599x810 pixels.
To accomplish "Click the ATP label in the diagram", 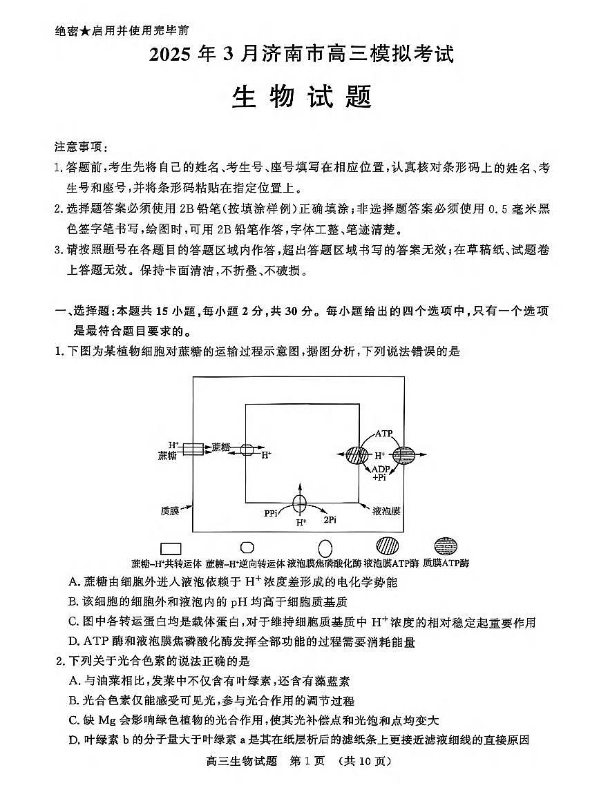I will coord(384,434).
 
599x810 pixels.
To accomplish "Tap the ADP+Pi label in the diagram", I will coord(381,473).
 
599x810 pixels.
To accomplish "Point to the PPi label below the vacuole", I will coord(271,513).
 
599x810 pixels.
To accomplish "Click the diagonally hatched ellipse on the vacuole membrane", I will coord(357,455).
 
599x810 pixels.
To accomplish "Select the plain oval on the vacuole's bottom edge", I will coord(300,503).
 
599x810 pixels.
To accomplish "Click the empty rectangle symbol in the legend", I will coord(171,548).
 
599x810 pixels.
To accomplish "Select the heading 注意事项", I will coord(79,147).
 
